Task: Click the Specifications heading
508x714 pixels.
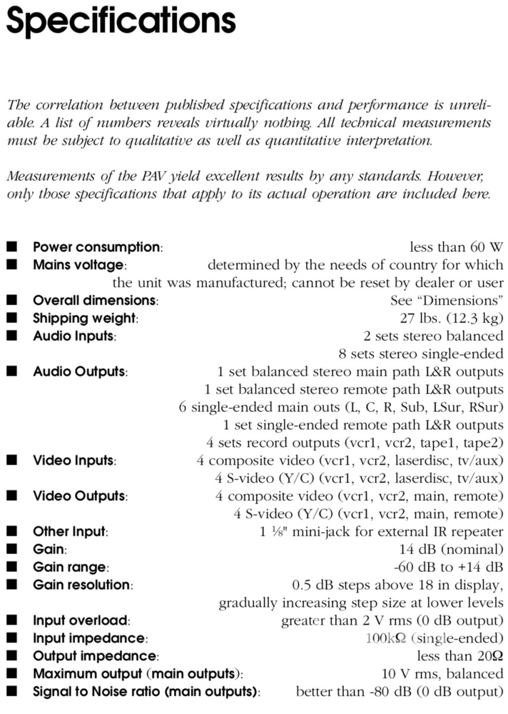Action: [120, 21]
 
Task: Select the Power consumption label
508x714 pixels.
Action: [98, 247]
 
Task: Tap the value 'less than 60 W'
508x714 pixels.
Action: [456, 247]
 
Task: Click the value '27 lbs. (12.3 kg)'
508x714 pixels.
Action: [447, 318]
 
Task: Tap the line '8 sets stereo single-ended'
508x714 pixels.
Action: [421, 354]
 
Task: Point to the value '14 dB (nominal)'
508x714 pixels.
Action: [451, 549]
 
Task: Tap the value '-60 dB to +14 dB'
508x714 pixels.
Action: [448, 567]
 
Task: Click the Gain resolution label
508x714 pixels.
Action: [83, 585]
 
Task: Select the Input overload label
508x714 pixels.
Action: [81, 621]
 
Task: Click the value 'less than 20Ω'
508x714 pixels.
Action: [460, 656]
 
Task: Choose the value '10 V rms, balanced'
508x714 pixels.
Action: [442, 674]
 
